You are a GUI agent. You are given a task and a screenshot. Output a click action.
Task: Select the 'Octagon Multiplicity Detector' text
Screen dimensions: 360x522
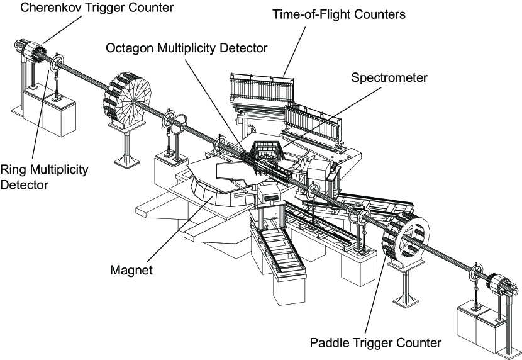click(187, 48)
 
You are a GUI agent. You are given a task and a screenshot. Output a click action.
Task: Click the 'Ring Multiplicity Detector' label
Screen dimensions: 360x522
click(44, 179)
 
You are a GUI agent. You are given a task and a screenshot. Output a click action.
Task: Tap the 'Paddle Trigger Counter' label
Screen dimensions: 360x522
click(375, 343)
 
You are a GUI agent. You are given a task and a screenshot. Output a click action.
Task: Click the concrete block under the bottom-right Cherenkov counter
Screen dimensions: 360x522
click(478, 330)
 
